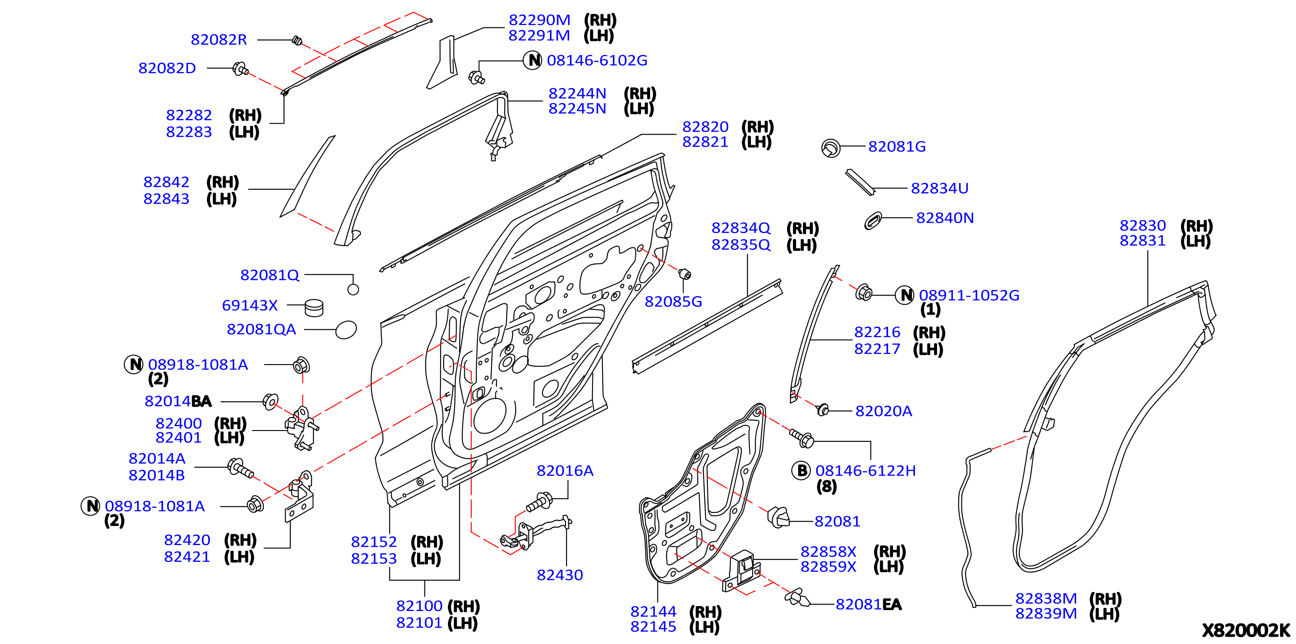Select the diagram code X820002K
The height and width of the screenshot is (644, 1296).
click(1246, 630)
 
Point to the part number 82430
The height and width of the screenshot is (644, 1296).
click(560, 575)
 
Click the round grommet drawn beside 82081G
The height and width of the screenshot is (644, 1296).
click(831, 148)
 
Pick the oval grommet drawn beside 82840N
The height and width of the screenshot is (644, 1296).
click(873, 220)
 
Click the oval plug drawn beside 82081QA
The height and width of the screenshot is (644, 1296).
click(346, 330)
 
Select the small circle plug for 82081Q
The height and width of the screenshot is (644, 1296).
click(353, 289)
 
